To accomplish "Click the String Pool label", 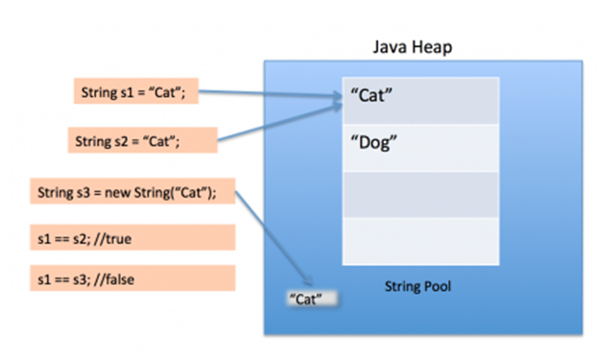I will (x=417, y=286).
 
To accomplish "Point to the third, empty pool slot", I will (x=420, y=194).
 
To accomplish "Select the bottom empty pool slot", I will (x=420, y=241).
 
